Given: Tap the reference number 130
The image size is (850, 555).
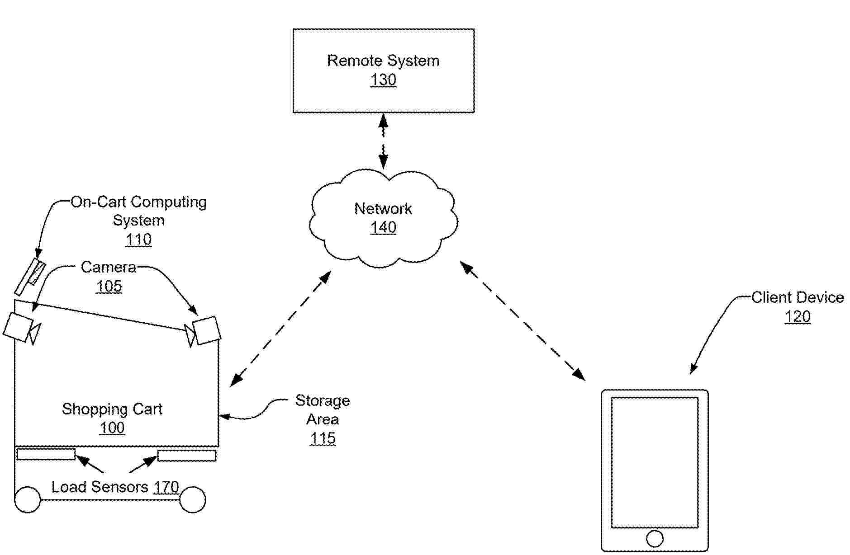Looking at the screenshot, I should click(383, 80).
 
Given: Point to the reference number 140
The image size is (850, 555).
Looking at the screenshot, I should click(383, 227).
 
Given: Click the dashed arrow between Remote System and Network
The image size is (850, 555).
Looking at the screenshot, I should click(383, 141).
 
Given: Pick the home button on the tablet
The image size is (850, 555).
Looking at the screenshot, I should click(655, 538).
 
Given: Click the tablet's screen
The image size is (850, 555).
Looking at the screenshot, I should click(655, 462).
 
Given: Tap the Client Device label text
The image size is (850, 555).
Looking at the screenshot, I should click(798, 297).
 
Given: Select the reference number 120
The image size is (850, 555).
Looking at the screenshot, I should click(798, 316).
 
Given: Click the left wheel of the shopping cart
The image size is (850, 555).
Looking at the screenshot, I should click(28, 499).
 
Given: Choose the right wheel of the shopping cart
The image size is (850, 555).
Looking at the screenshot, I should click(193, 499).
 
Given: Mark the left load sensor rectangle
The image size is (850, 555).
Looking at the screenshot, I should click(46, 454).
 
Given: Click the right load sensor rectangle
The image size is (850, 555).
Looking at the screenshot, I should click(187, 455).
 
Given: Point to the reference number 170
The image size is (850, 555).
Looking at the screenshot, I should click(166, 487).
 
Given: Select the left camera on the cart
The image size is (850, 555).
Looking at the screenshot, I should click(18, 327).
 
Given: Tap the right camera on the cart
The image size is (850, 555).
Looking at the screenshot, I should click(207, 330).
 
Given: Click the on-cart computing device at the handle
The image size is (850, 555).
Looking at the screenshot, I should click(30, 277).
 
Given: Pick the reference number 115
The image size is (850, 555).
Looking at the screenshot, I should click(323, 438).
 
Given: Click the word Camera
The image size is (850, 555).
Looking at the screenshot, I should click(109, 267).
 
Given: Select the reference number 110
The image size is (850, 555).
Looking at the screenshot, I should click(138, 239).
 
